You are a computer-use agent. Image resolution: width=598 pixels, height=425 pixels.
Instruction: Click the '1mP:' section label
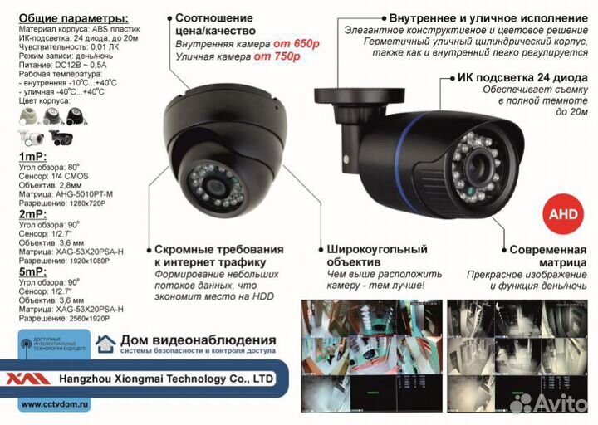pos(32,155)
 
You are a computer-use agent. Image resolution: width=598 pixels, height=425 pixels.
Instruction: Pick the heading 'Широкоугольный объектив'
pos(362,255)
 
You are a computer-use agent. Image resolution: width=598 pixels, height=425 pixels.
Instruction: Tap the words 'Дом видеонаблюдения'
pos(197,340)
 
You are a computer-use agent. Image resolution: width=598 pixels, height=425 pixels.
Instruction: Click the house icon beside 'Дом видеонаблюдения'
pos(106,344)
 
